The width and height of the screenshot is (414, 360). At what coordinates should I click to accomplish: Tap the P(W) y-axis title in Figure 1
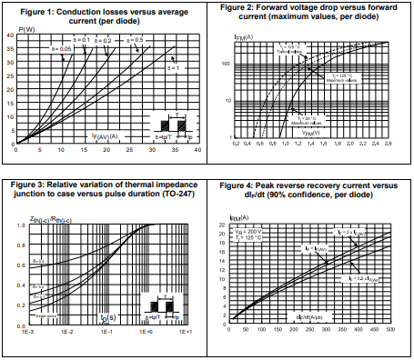(26, 29)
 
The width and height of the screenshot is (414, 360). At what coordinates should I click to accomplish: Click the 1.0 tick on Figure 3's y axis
(20, 224)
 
